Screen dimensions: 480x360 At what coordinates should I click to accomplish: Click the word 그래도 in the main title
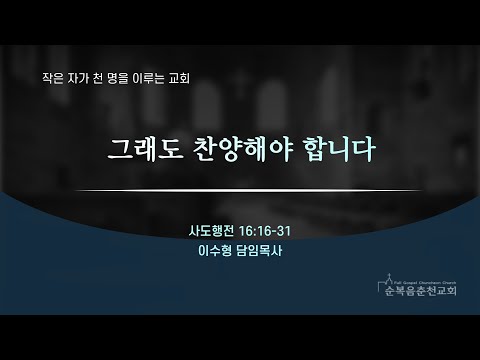tap(146, 149)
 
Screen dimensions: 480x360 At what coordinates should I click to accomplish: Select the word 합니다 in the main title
tap(338, 149)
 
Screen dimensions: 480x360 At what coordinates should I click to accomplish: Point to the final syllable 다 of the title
tap(363, 149)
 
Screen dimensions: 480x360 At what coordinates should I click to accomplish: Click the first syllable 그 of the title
tap(120, 149)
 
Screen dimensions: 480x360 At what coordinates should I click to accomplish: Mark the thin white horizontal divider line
tap(247, 191)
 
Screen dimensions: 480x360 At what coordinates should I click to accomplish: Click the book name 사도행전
tap(211, 231)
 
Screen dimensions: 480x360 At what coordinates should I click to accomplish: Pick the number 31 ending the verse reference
tap(284, 231)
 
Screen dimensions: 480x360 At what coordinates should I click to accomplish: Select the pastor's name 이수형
tap(215, 251)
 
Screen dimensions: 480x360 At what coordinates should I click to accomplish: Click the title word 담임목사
tap(259, 251)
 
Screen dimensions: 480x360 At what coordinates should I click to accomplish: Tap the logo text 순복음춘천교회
tap(421, 291)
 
